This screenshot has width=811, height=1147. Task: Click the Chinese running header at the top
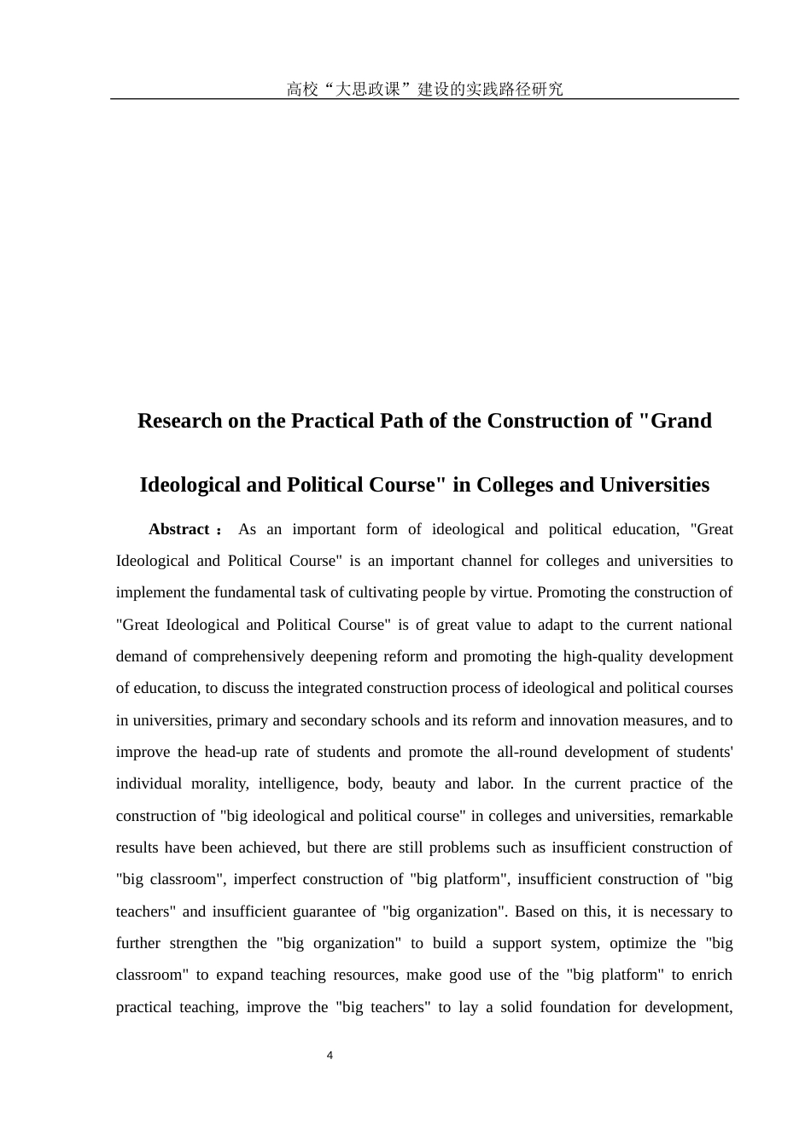click(424, 89)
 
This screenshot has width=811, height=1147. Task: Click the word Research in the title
click(181, 421)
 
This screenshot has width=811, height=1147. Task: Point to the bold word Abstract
click(179, 529)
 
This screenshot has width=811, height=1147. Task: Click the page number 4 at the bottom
click(330, 1056)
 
